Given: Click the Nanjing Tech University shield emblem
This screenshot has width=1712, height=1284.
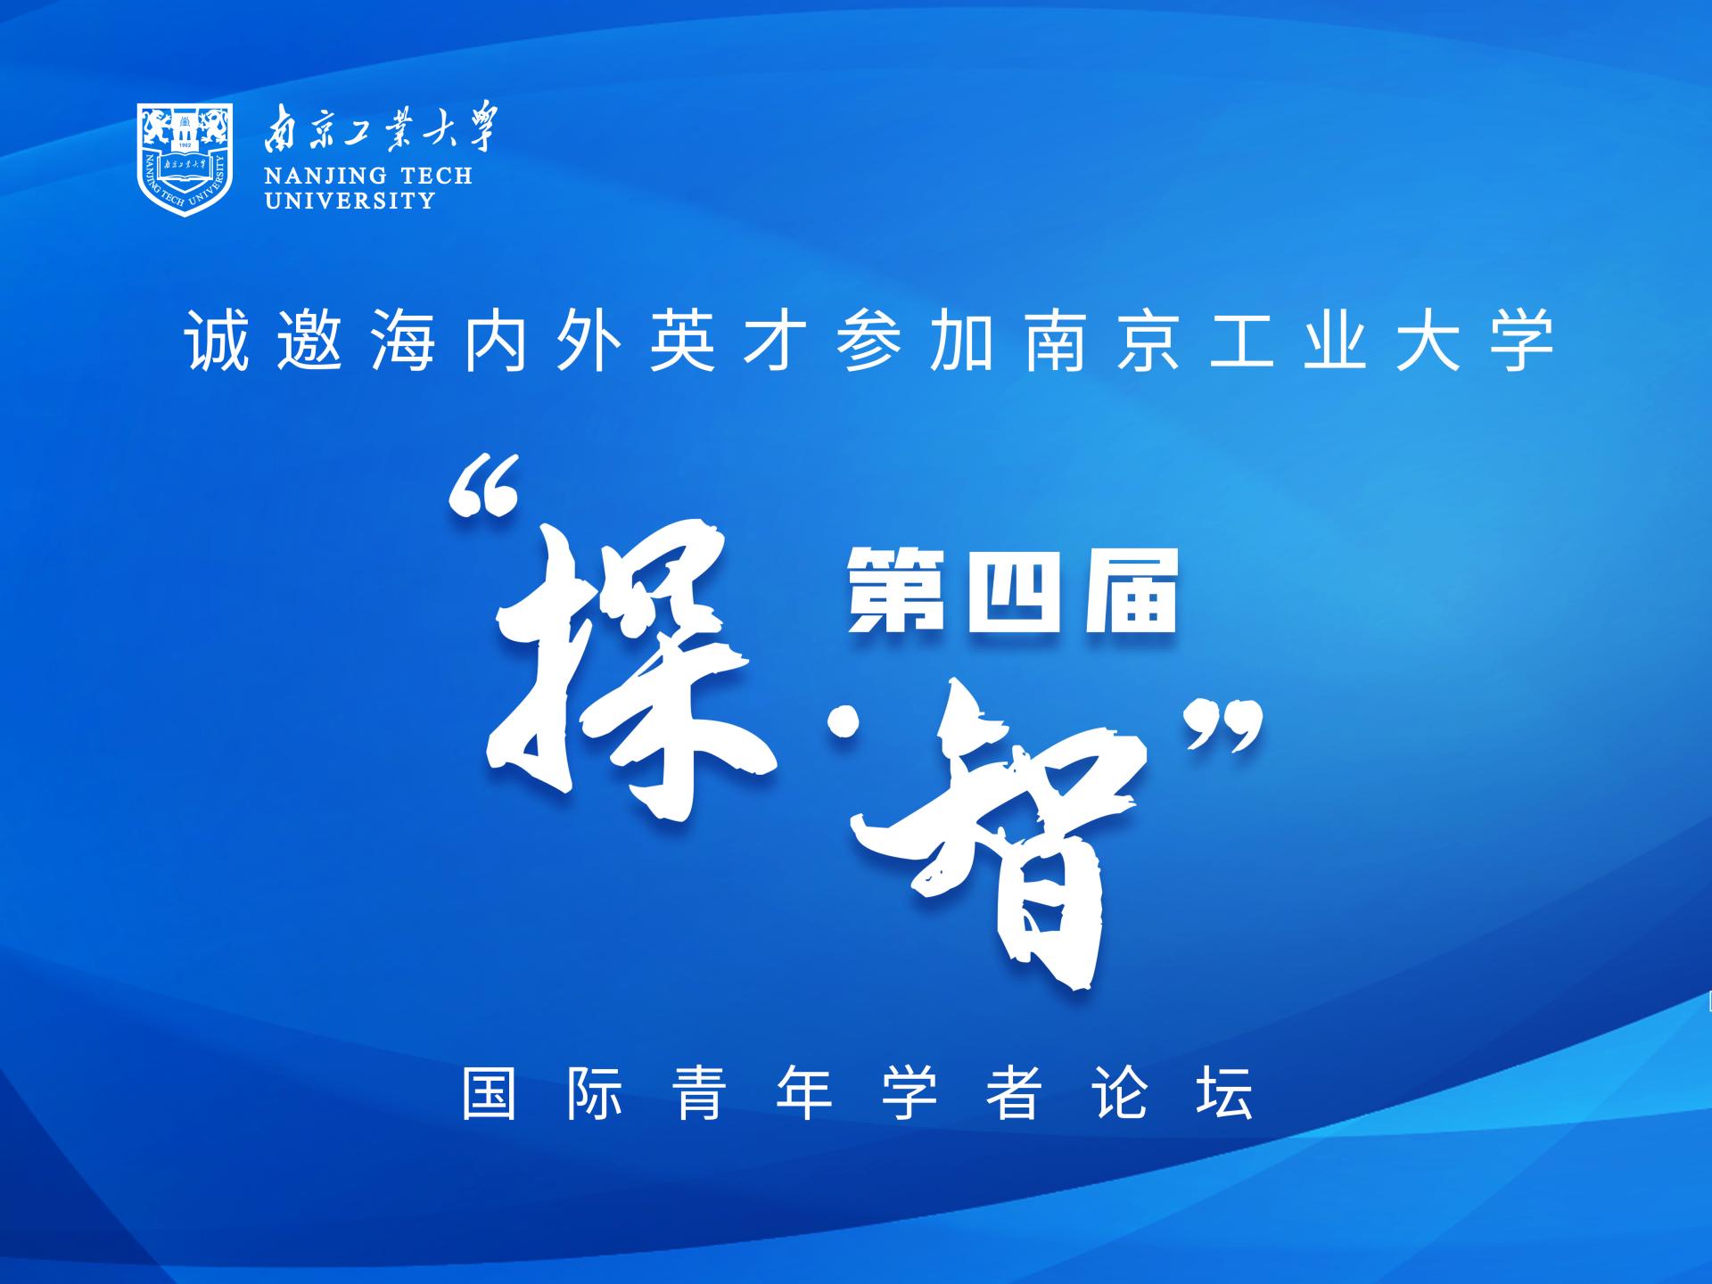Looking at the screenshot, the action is point(185,160).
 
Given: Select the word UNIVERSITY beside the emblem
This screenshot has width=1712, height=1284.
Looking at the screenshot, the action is point(350,201).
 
